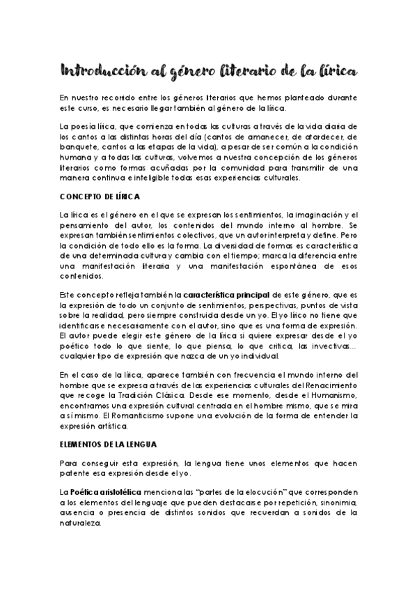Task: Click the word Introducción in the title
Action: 98,71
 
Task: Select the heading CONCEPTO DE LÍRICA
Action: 100,197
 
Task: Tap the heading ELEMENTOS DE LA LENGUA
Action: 108,443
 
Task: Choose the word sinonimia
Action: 338,502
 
